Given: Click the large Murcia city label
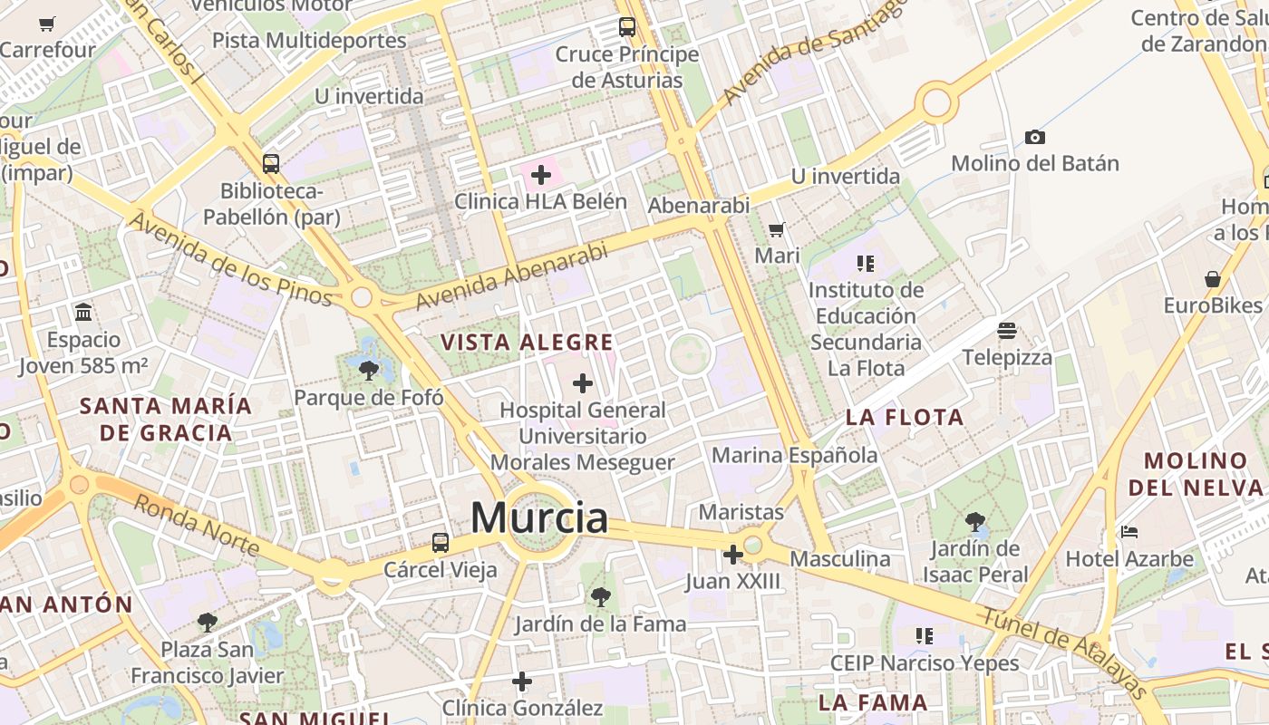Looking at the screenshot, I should click(539, 518).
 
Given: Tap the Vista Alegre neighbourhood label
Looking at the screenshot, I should click(527, 343).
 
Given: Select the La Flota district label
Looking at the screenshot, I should click(905, 418).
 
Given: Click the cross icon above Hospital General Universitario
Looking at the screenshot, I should click(583, 383).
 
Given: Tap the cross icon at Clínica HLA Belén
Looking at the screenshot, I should click(541, 174).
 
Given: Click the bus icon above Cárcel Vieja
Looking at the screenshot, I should click(441, 543).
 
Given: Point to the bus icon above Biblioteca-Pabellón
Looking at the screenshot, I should click(271, 164).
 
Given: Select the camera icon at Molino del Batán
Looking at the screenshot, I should click(1035, 137).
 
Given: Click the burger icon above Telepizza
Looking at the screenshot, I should click(1007, 331).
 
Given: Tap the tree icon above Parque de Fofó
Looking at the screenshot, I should click(368, 370).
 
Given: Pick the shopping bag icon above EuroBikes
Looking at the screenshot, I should click(1213, 279).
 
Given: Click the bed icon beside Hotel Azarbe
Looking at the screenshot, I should click(1129, 532).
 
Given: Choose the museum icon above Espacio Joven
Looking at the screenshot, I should click(84, 313).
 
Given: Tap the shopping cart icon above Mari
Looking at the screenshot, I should click(777, 229).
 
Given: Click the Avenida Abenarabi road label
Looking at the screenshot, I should click(511, 276).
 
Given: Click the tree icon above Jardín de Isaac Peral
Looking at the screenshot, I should click(975, 521).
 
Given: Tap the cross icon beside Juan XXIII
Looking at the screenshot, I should click(732, 554).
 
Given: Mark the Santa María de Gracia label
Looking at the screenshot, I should click(166, 419).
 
